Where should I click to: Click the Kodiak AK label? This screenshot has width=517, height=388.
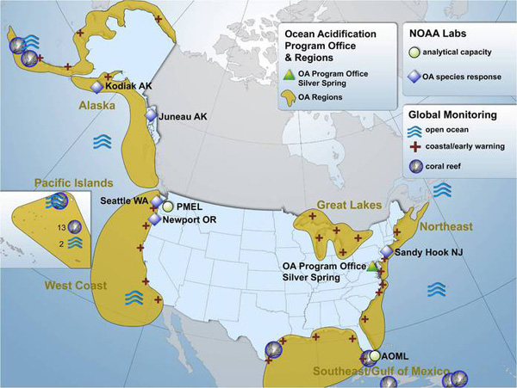click(x=130, y=87)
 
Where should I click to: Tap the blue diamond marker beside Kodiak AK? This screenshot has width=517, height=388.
click(x=97, y=87)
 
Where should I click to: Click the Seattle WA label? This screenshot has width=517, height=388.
click(x=127, y=199)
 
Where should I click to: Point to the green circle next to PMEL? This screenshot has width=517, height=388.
click(x=167, y=206)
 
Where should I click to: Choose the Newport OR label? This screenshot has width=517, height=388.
click(x=187, y=219)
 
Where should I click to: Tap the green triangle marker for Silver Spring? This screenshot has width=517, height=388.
click(x=372, y=268)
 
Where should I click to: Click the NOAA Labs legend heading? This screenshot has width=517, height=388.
click(x=435, y=34)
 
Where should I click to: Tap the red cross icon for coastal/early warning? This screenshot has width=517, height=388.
click(x=417, y=147)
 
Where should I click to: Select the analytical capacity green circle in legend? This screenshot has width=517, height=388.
click(x=417, y=52)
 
